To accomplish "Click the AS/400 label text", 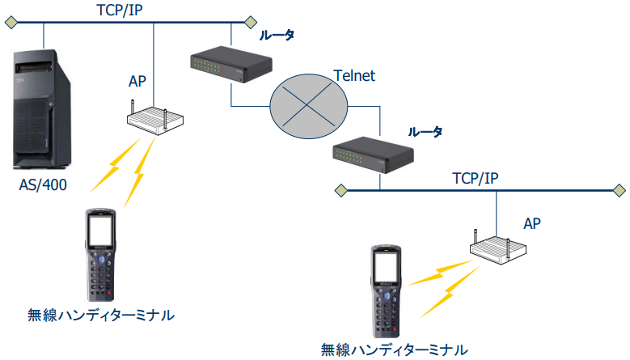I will tap(43, 185).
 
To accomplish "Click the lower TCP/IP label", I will tap(474, 178).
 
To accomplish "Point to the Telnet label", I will tap(354, 76).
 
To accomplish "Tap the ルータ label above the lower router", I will tap(425, 131).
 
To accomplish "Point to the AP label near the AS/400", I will tap(138, 81).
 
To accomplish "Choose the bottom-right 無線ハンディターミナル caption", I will tap(394, 349).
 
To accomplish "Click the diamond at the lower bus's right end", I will tap(616, 191).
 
